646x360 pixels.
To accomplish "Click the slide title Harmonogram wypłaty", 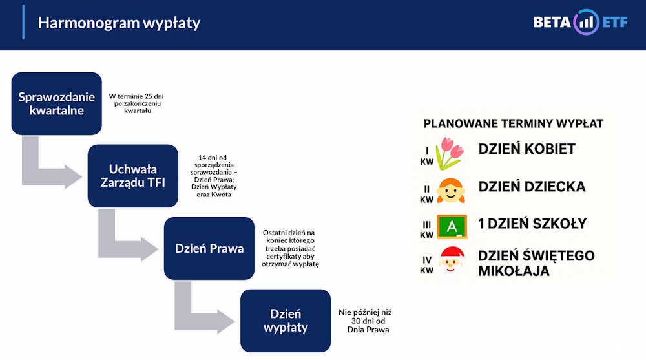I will pos(119,23).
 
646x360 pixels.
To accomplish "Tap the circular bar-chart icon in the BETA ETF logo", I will pos(587,23).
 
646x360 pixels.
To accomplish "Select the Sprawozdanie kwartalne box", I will pos(57,103).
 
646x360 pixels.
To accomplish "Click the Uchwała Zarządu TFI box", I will pos(132,176).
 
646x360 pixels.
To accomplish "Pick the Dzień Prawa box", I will pos(209,248).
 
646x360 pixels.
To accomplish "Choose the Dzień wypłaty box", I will pos(285,321).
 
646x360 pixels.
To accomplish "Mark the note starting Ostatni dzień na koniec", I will pos(291,248).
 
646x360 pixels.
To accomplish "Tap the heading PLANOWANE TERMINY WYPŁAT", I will pos(514,123).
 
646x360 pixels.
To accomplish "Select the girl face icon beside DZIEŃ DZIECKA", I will pos(450,190).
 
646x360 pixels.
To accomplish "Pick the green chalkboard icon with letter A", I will pos(452,226).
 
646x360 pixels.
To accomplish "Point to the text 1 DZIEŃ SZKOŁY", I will pos(532,224).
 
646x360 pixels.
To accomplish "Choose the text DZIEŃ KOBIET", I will pos(526,149).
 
